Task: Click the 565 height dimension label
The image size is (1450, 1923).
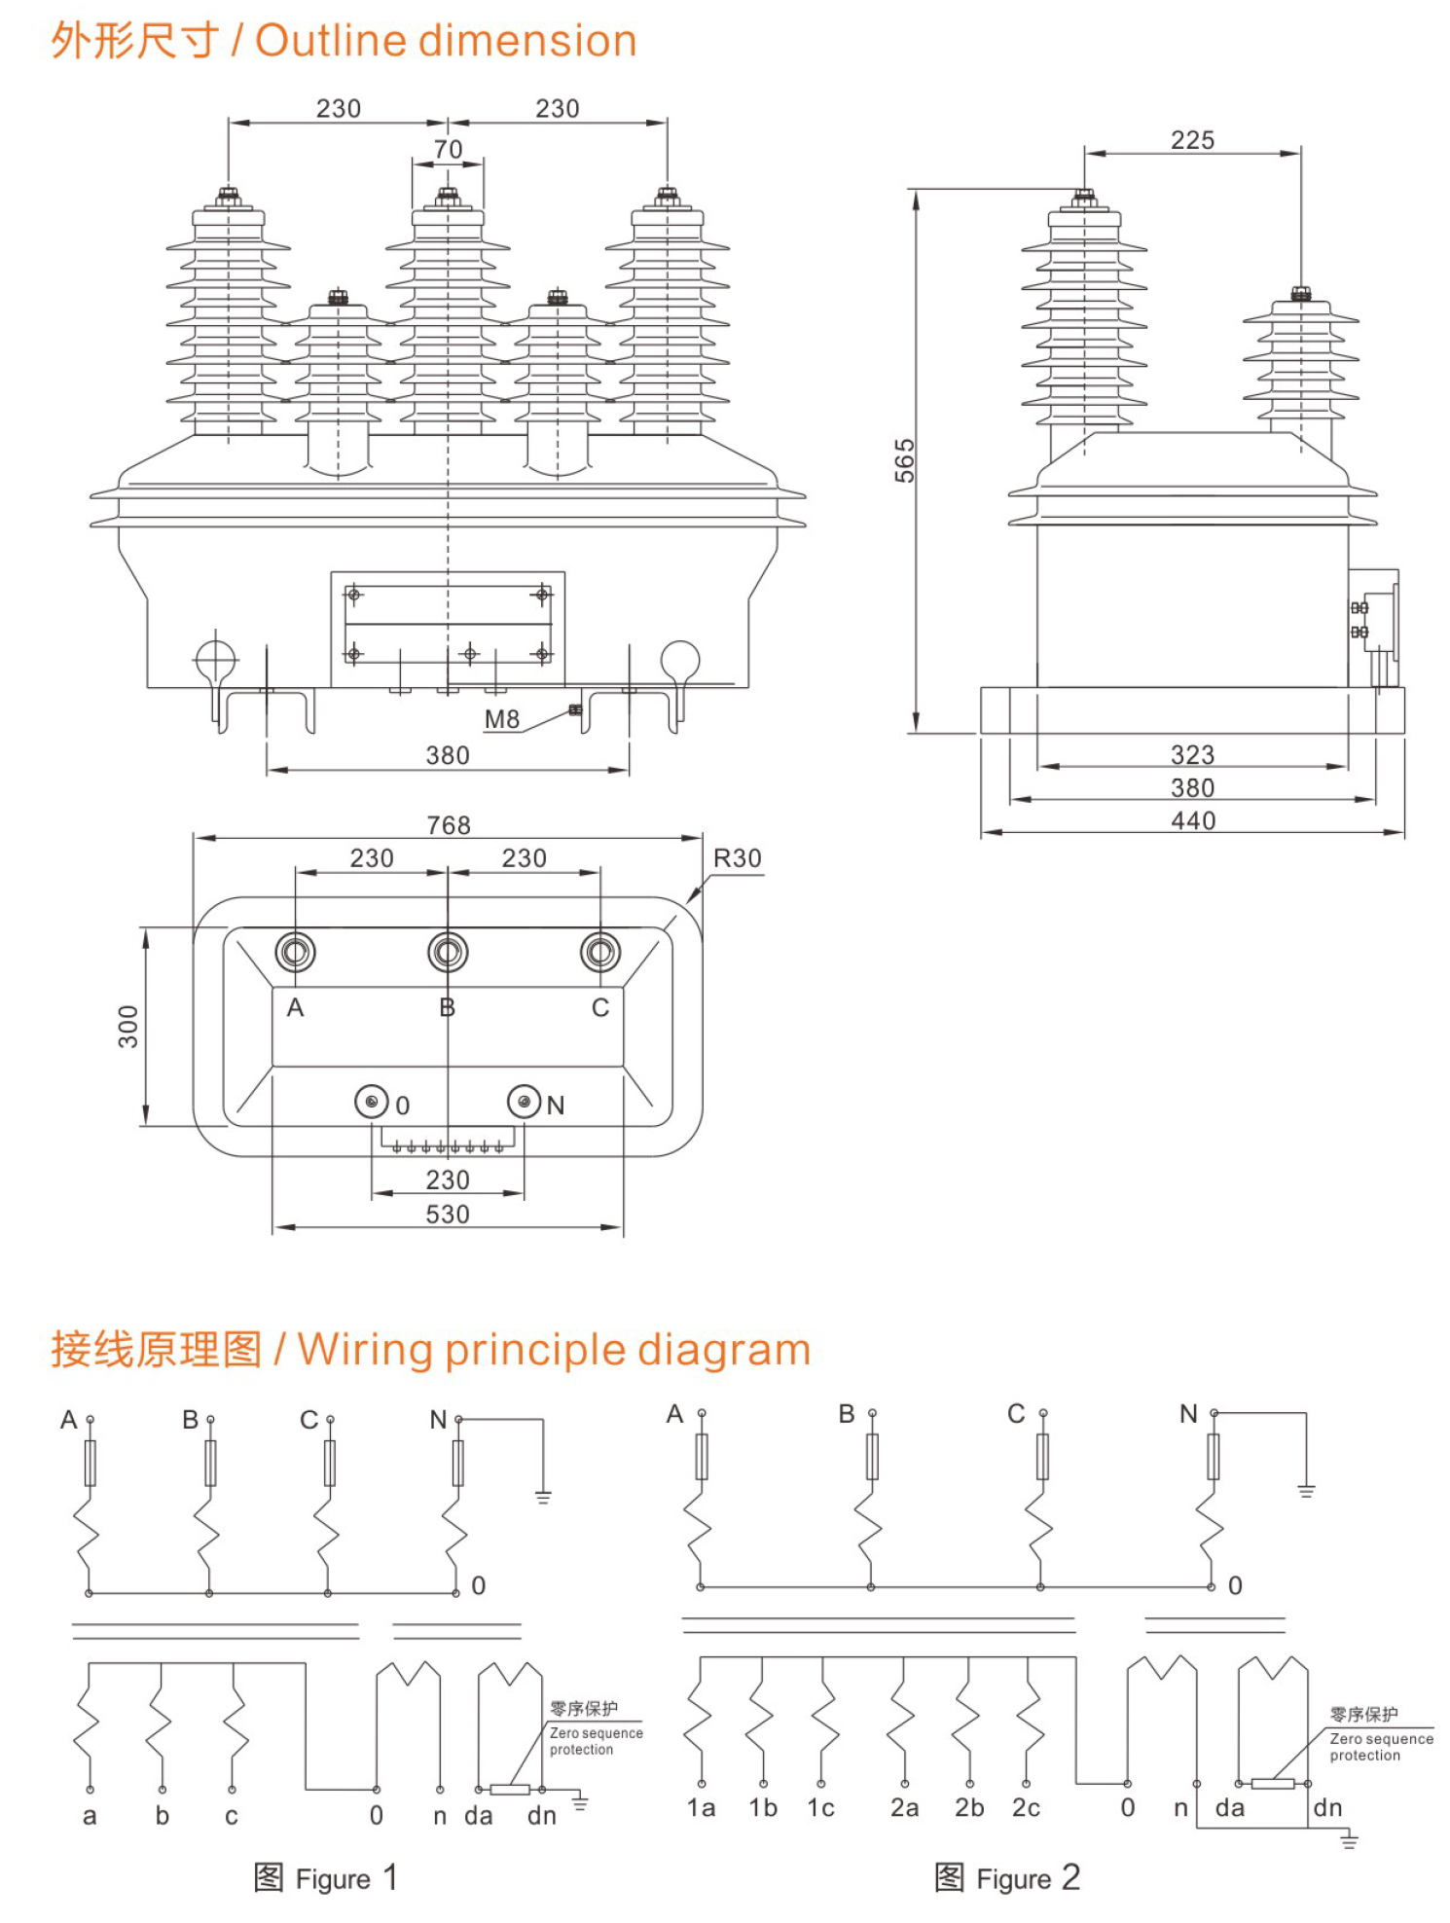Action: click(x=905, y=460)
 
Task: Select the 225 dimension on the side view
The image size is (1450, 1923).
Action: click(x=1192, y=140)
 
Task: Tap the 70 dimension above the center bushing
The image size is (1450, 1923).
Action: click(x=448, y=149)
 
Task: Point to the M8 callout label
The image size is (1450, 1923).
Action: click(x=502, y=719)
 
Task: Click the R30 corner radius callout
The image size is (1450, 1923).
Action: click(x=737, y=858)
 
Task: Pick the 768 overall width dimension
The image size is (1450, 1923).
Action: click(x=449, y=825)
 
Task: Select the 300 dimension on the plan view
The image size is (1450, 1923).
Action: click(x=128, y=1026)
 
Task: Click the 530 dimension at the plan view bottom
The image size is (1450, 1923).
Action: click(x=448, y=1215)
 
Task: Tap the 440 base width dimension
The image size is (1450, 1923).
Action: click(x=1193, y=820)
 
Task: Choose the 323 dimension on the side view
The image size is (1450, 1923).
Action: click(x=1192, y=754)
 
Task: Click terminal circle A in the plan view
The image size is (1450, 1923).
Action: click(x=295, y=952)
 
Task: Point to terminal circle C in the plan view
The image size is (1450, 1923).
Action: click(x=599, y=952)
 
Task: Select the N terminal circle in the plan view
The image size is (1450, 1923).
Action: click(x=524, y=1102)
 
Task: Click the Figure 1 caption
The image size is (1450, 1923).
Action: click(x=325, y=1878)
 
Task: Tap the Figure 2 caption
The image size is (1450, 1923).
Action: click(x=1006, y=1878)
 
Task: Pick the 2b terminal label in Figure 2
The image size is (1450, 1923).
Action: click(x=969, y=1808)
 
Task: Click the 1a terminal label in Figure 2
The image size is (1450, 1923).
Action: click(x=701, y=1808)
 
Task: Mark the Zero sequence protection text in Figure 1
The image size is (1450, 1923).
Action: click(x=595, y=1740)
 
